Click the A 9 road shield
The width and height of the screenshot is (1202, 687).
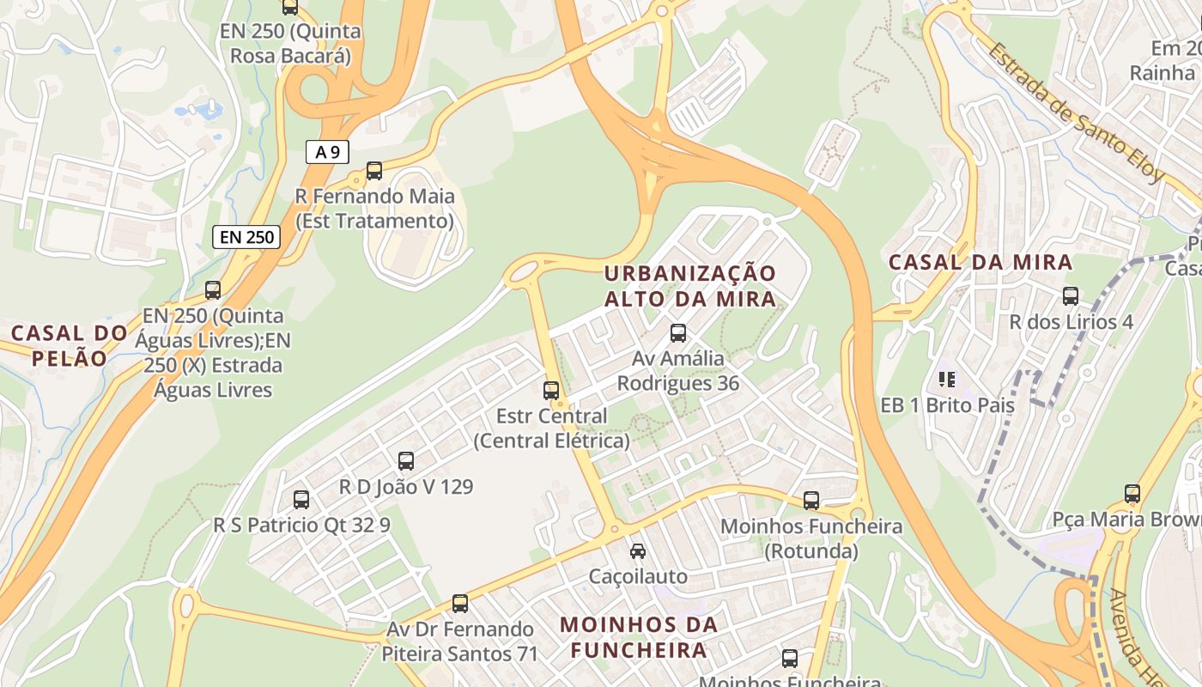[x=327, y=153]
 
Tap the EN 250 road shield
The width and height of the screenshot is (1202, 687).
[x=246, y=237]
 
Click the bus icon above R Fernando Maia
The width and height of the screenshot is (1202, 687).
[x=374, y=171]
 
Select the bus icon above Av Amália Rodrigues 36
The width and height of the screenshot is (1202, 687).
[x=678, y=333]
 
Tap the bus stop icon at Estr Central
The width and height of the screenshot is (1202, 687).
[x=551, y=391]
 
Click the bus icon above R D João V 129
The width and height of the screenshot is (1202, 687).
[x=406, y=461]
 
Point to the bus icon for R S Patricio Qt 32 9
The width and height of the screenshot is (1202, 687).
[x=301, y=500]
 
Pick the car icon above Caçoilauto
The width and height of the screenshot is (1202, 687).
[x=638, y=551]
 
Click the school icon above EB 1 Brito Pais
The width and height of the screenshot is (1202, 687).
[x=947, y=379]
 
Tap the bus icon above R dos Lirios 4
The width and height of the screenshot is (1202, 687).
[x=1071, y=296]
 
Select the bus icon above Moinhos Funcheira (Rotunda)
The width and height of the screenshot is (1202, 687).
[x=811, y=501]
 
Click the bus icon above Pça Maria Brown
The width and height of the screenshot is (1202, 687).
[x=1132, y=494]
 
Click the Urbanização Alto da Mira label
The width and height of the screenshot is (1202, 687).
[x=689, y=286]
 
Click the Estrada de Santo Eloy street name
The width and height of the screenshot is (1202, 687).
[x=1075, y=112]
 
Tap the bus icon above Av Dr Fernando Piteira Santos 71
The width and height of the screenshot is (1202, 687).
[x=460, y=604]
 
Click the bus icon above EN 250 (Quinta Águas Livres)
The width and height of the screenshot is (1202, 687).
[x=213, y=290]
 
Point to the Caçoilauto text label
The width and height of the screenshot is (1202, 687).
[x=638, y=576]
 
